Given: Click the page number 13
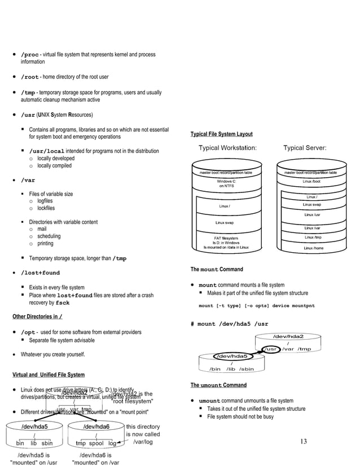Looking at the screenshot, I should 304,441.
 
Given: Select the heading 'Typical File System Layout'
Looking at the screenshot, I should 222,134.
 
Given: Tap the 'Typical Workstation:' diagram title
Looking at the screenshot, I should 228,148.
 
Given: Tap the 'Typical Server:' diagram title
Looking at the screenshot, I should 304,148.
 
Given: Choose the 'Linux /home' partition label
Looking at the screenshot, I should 313,248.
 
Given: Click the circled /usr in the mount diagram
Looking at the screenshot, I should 271,349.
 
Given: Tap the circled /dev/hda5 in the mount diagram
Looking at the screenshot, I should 232,356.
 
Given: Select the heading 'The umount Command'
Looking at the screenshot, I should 218,385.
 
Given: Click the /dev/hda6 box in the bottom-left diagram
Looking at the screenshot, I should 97,427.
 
